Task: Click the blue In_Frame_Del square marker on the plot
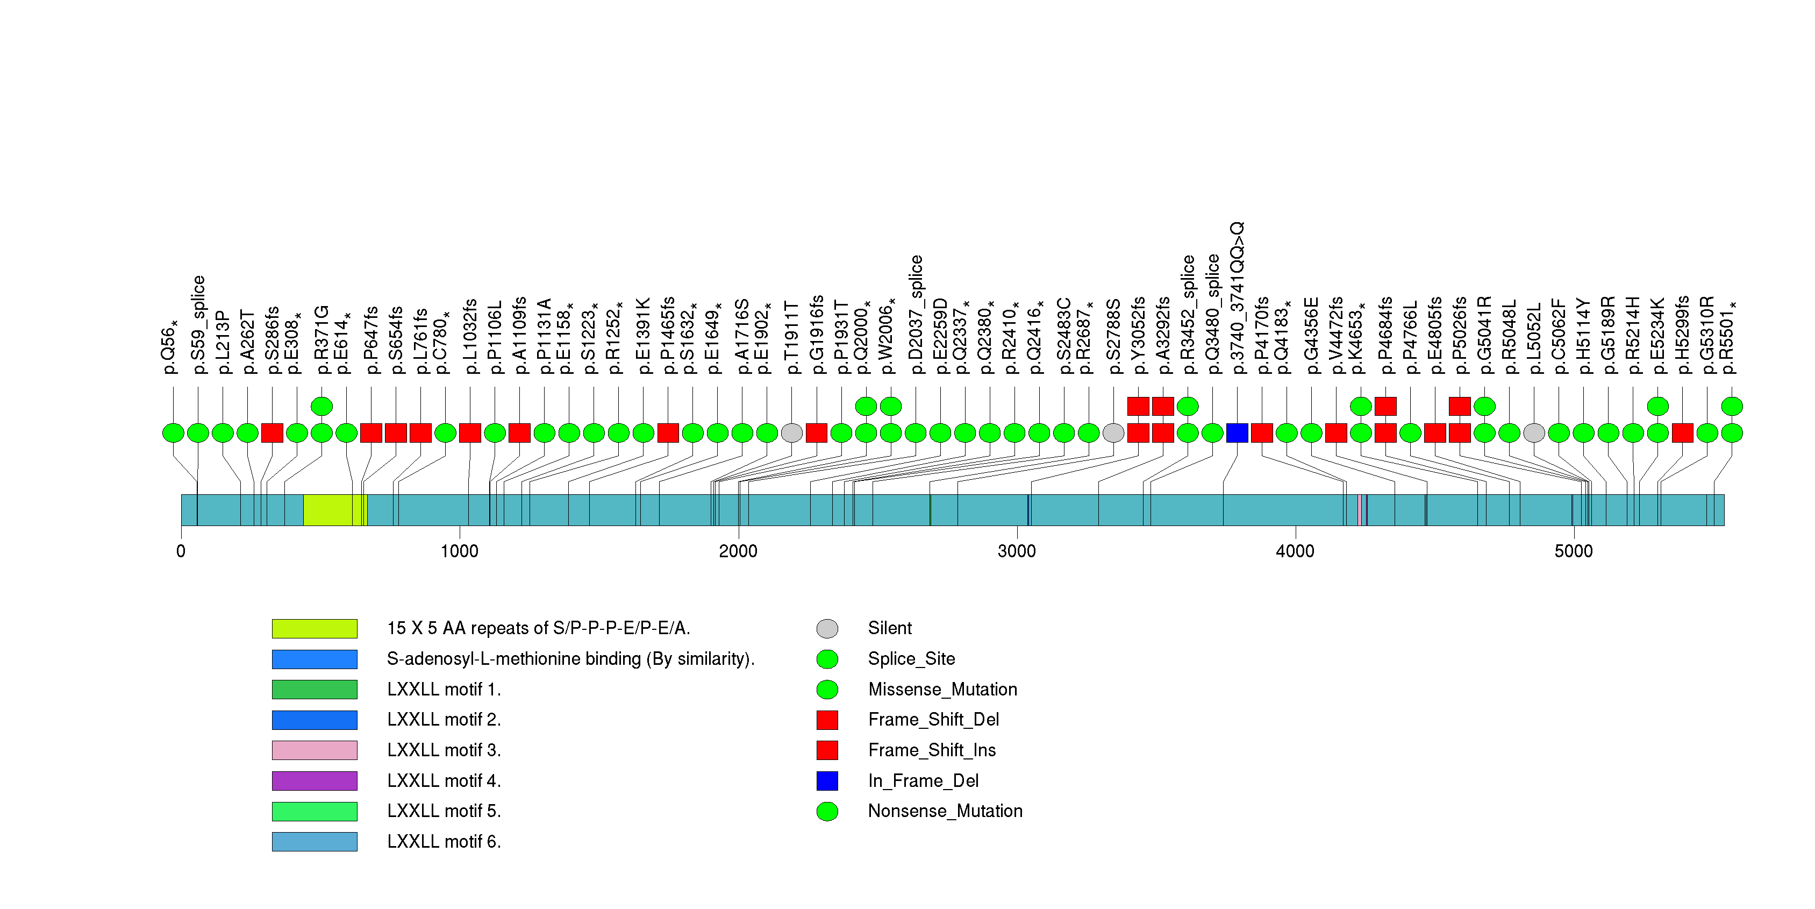point(1237,432)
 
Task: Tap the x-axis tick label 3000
point(1016,551)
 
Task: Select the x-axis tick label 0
point(181,551)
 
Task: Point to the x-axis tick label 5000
point(1573,551)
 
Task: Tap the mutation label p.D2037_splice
point(915,314)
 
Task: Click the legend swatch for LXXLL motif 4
point(315,781)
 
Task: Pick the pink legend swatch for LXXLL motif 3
point(315,750)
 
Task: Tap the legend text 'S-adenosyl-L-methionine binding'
point(570,659)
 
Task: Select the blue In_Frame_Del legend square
point(827,781)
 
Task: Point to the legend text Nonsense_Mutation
point(945,811)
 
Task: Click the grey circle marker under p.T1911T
point(792,432)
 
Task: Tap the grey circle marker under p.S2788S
point(1113,432)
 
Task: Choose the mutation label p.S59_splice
point(198,324)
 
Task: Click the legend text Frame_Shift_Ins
point(932,750)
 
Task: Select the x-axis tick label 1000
point(459,551)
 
